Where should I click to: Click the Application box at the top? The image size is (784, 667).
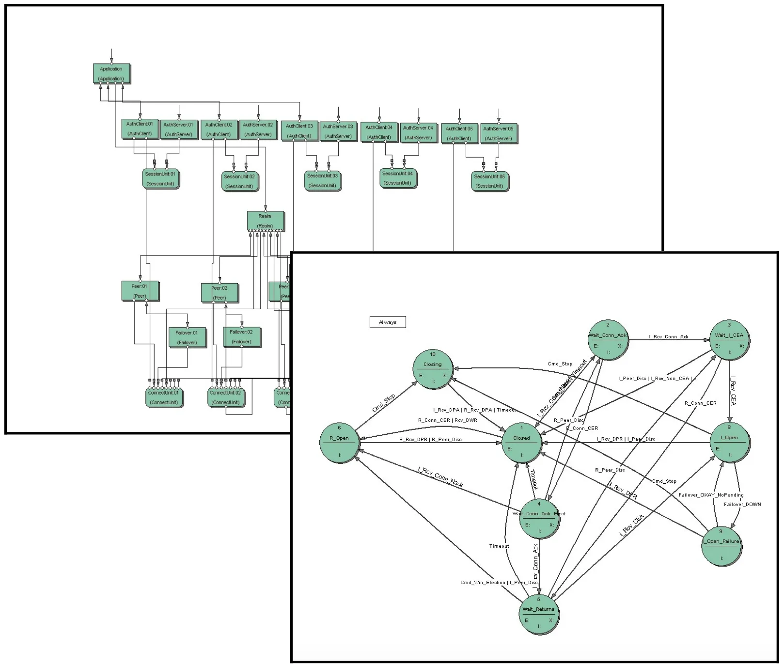click(111, 73)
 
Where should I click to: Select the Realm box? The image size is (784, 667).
click(265, 221)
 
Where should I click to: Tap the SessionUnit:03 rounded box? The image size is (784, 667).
click(323, 180)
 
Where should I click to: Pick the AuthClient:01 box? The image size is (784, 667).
click(140, 128)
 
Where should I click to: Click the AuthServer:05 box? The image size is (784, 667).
click(498, 133)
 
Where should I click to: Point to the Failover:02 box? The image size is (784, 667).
click(241, 336)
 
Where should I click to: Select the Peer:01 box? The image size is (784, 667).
click(140, 291)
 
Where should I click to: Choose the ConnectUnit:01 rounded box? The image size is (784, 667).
click(164, 397)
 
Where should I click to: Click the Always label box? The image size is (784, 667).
click(388, 322)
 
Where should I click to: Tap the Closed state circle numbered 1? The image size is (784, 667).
click(522, 442)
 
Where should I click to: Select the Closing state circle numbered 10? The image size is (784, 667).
click(433, 369)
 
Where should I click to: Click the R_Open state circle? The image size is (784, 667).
click(339, 442)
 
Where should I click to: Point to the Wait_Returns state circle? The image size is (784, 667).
click(538, 614)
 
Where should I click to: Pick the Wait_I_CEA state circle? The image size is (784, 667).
click(729, 339)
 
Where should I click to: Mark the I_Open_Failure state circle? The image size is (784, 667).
click(721, 546)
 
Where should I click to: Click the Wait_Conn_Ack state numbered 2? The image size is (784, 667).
click(608, 339)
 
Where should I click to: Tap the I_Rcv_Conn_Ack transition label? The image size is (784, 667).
click(669, 337)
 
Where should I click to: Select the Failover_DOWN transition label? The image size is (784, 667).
click(742, 505)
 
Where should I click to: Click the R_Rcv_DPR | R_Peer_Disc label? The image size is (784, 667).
click(430, 440)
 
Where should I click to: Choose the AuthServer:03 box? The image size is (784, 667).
click(338, 131)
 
